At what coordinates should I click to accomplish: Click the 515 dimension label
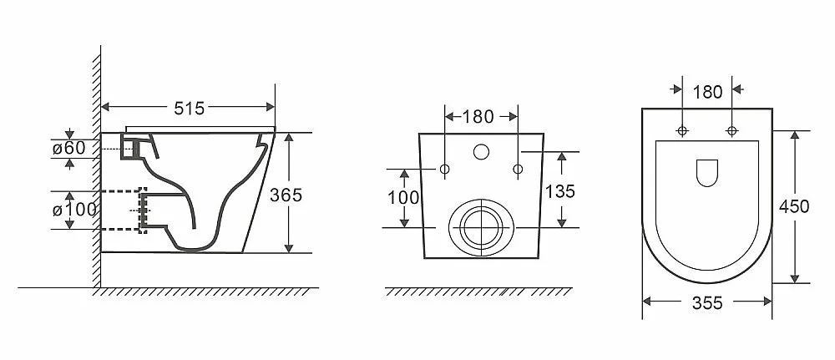coord(189,108)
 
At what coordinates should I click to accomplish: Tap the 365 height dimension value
coord(286,195)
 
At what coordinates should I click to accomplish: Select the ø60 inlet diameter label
coord(68,148)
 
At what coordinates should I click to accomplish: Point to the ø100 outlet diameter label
coord(74,210)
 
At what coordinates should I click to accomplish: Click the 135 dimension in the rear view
coord(560,191)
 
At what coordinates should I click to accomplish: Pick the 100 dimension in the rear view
coord(403,198)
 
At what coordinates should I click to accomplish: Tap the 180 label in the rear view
coord(478,117)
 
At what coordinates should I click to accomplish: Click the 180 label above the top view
coord(707,92)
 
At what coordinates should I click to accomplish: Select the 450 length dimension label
coord(794,206)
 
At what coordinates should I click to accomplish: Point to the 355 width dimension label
coord(707,303)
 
